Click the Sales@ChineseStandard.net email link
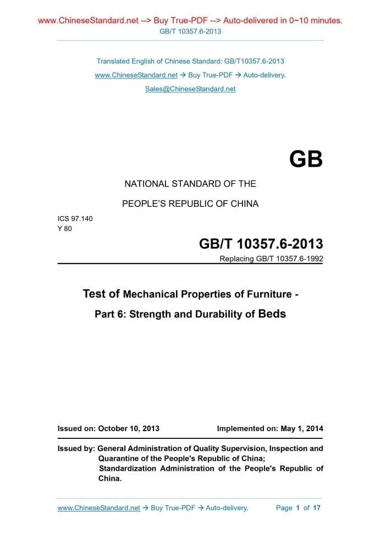tap(190, 89)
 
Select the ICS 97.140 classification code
tap(75, 218)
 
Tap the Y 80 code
tap(65, 228)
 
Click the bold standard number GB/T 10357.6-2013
tap(261, 244)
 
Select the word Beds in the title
tap(272, 314)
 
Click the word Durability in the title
tap(219, 315)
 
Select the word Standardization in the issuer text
tap(127, 469)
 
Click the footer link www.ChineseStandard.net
tap(99, 508)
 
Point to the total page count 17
tap(317, 508)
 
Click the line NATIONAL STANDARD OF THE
tap(190, 184)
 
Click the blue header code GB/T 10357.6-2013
tap(190, 31)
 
